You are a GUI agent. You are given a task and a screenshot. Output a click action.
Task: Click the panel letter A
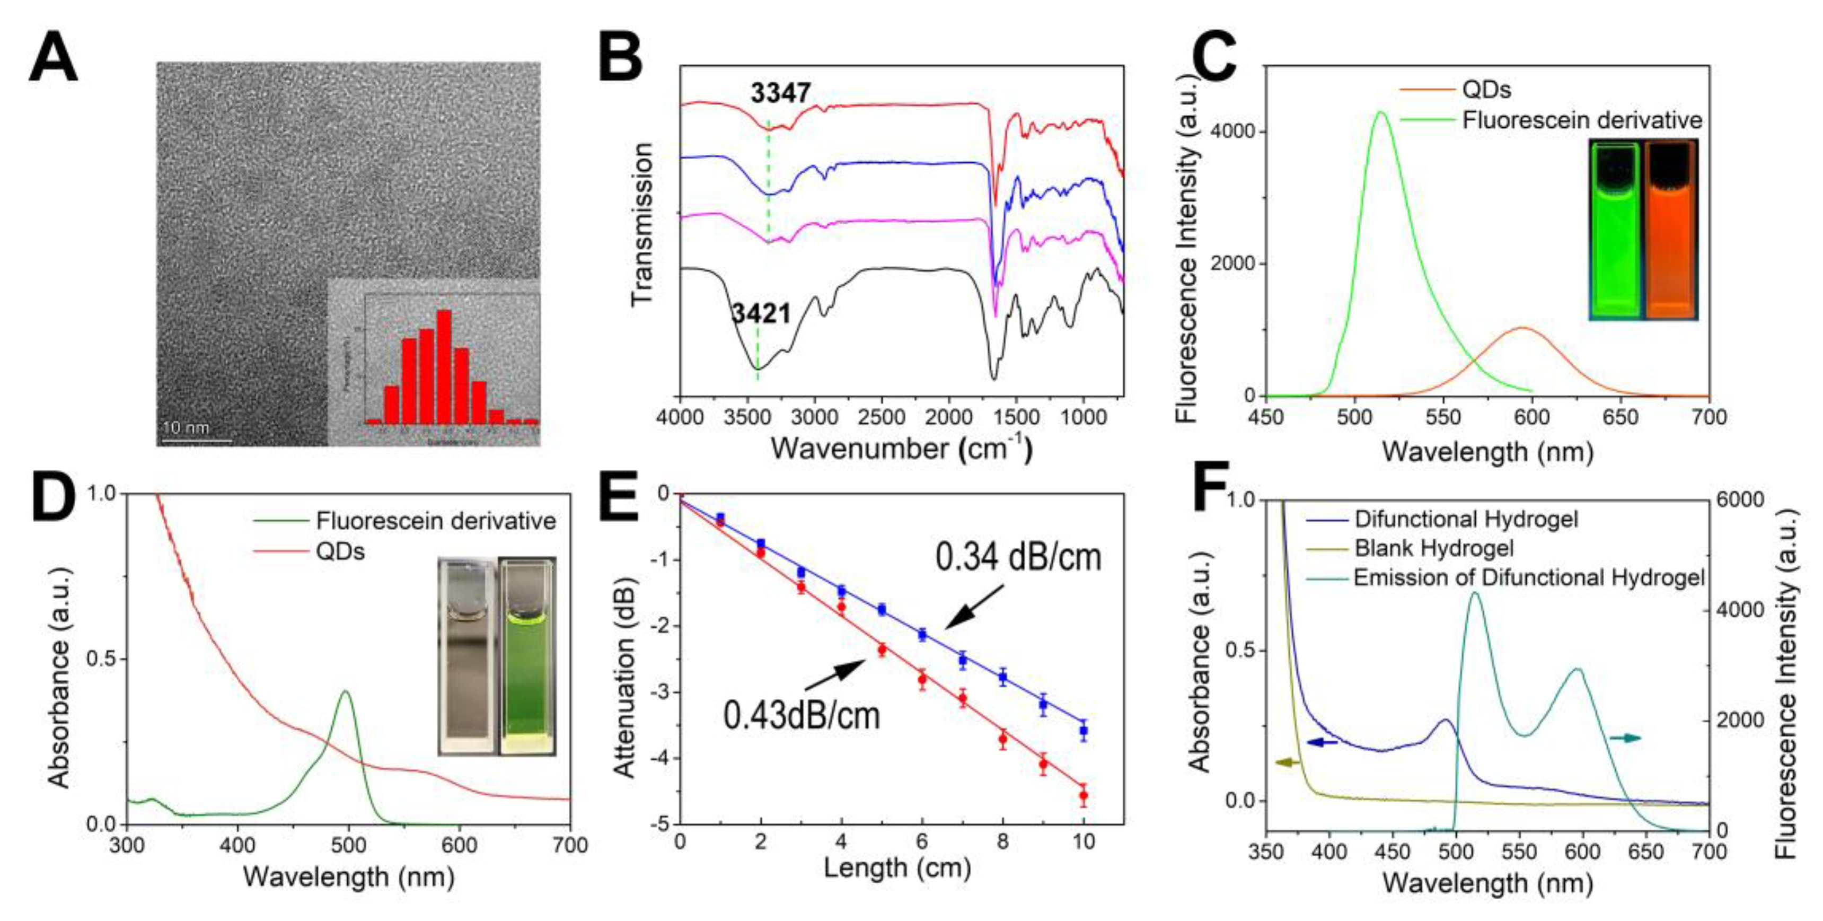click(53, 60)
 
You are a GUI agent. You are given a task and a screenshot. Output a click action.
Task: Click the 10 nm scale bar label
click(186, 427)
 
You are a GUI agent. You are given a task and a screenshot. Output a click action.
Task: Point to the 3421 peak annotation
click(761, 313)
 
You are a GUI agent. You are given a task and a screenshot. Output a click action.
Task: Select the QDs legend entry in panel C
click(1486, 90)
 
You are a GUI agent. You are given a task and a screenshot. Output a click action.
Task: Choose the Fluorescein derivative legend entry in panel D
click(435, 521)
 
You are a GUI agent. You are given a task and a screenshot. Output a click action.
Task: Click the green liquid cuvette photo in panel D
click(527, 655)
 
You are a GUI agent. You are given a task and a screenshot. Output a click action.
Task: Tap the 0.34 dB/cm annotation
click(1018, 558)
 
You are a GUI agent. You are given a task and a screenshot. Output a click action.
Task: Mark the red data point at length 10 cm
click(1083, 796)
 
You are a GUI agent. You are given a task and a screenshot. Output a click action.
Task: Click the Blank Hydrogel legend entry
click(1434, 549)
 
